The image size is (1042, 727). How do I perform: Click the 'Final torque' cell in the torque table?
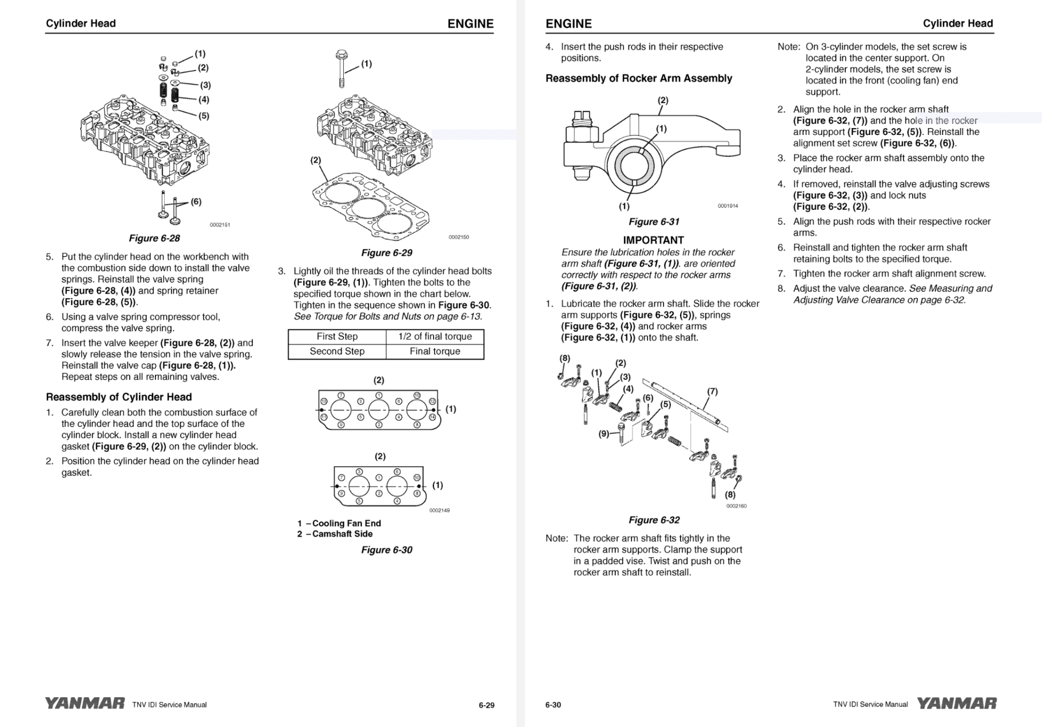(x=435, y=351)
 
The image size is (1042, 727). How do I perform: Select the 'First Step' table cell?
(x=337, y=336)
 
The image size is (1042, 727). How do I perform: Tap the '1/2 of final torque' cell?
(x=435, y=336)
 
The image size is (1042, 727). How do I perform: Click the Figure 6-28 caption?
(x=154, y=238)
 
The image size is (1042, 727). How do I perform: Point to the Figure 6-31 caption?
(x=654, y=221)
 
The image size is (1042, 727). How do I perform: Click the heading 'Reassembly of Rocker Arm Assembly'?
(x=638, y=78)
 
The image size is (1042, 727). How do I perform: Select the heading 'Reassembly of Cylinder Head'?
(x=118, y=397)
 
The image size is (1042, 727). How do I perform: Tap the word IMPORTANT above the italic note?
(x=653, y=240)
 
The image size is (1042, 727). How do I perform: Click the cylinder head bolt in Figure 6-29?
(x=341, y=68)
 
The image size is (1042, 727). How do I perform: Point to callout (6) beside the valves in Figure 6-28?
(x=196, y=201)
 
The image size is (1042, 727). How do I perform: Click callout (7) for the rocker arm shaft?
(x=712, y=391)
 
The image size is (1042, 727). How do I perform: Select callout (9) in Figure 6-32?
(x=604, y=434)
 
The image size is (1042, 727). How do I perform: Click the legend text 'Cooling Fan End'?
(x=346, y=523)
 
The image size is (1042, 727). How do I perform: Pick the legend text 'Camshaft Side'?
(x=342, y=534)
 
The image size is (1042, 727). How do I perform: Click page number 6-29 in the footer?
(x=486, y=705)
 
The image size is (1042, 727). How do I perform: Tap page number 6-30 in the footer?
(x=553, y=705)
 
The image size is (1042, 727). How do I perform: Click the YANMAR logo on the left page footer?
(x=85, y=704)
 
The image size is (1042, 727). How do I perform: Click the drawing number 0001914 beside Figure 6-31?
(x=727, y=206)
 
